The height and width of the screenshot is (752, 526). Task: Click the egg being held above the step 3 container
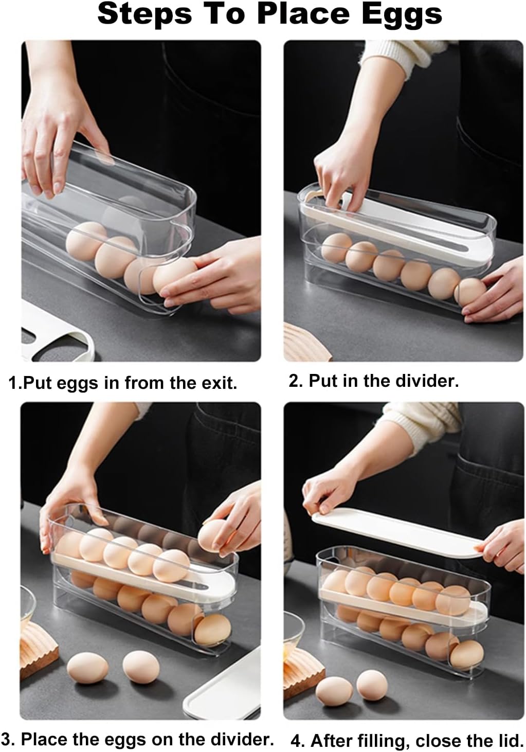(214, 535)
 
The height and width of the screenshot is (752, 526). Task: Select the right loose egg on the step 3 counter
(141, 667)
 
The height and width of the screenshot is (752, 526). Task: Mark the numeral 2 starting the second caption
(294, 381)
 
